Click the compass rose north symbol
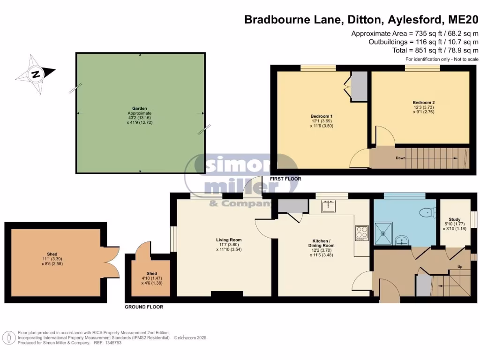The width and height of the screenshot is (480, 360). (36, 74)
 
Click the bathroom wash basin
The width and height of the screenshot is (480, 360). (402, 241)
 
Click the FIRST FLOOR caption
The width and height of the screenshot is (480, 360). (285, 179)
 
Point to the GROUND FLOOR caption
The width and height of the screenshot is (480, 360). (144, 307)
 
